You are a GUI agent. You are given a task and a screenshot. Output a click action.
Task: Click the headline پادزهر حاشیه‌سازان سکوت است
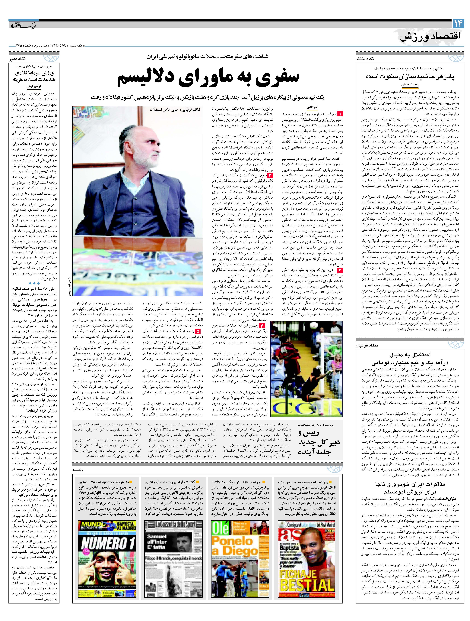pos(410,76)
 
